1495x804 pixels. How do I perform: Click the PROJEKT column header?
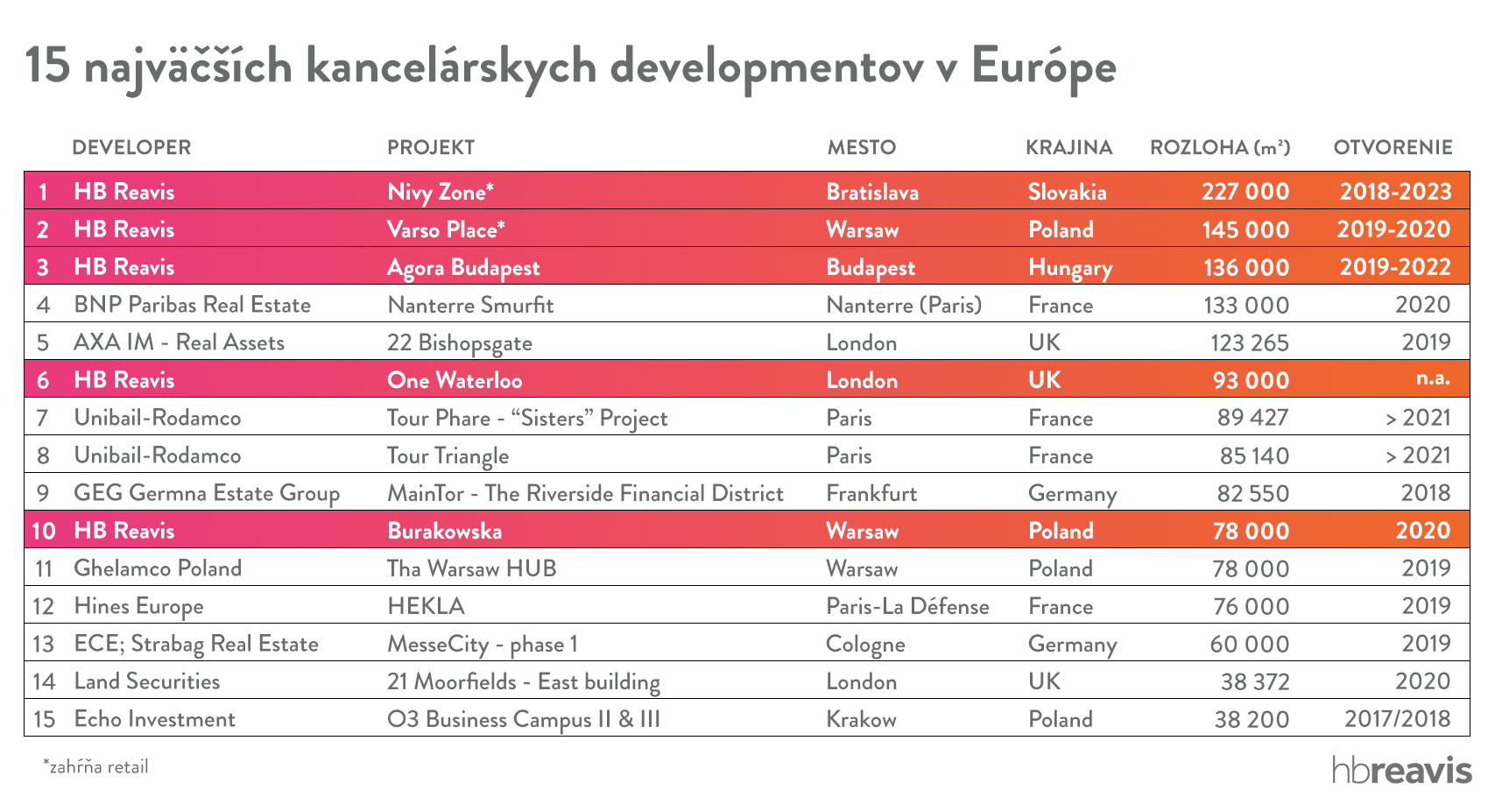(x=431, y=147)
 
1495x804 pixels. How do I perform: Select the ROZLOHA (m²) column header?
(x=1219, y=147)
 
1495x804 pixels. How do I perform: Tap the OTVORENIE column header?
(x=1393, y=147)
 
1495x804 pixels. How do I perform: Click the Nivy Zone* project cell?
(x=441, y=192)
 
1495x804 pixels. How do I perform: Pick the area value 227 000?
(x=1245, y=192)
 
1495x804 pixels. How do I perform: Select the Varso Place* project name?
(x=446, y=229)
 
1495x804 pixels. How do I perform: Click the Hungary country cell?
(x=1069, y=267)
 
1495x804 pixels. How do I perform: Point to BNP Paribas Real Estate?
(x=192, y=305)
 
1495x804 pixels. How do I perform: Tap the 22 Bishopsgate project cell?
(x=459, y=342)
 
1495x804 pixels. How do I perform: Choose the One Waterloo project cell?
(x=455, y=380)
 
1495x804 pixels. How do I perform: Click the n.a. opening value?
(x=1433, y=378)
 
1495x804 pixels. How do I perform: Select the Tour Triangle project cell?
(x=448, y=455)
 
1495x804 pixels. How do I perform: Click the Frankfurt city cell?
(x=871, y=493)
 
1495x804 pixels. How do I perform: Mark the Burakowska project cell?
(x=444, y=531)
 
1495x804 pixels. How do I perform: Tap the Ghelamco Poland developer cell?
(x=158, y=568)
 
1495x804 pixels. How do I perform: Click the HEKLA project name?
(x=426, y=606)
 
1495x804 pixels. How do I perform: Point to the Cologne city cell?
(x=865, y=644)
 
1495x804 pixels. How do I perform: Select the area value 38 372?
(x=1254, y=681)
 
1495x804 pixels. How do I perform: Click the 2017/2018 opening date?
(x=1397, y=719)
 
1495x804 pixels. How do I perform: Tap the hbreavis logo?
(x=1401, y=769)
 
